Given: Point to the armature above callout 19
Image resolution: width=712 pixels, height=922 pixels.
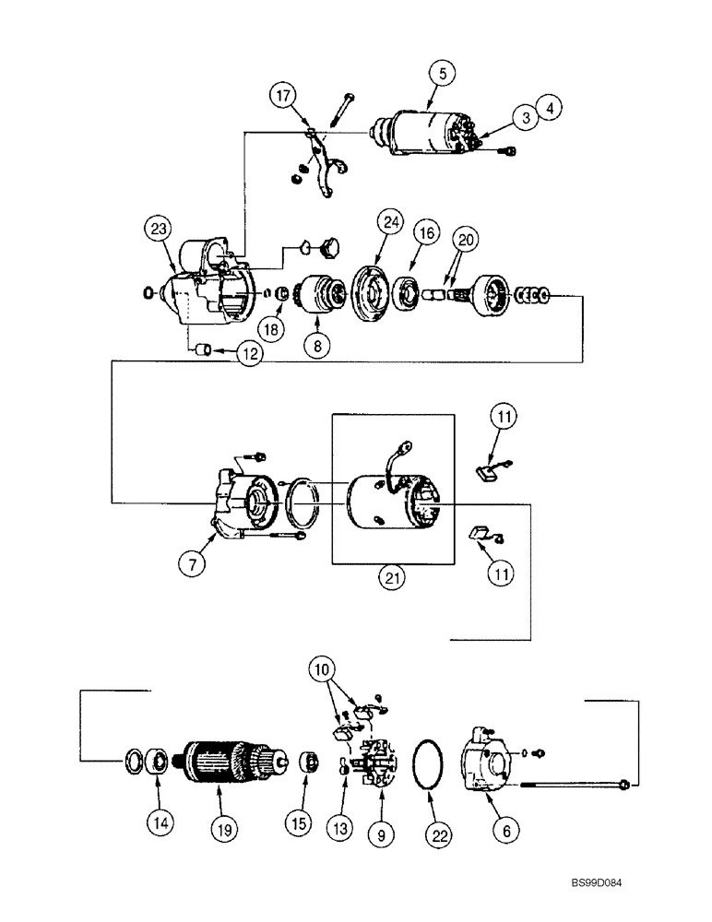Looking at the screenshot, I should point(219,760).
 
